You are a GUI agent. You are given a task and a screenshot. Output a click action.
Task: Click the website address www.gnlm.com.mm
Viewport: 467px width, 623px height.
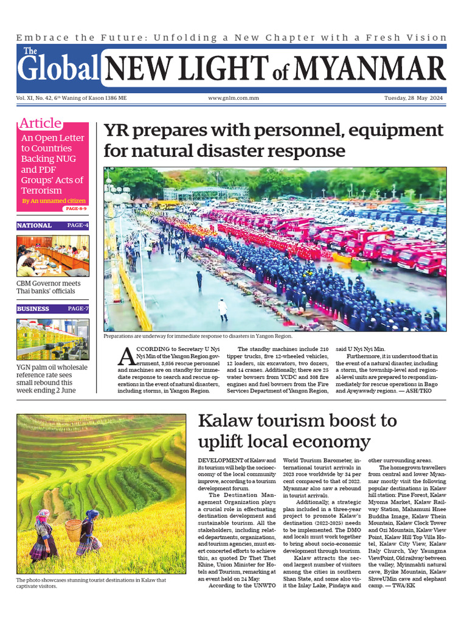(233, 98)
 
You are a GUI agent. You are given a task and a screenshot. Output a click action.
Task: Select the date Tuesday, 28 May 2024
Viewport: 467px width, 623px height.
(415, 98)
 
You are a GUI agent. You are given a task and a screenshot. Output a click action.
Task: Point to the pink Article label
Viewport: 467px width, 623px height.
(40, 123)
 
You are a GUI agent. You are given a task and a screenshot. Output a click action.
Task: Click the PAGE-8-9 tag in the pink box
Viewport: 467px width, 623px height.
(76, 209)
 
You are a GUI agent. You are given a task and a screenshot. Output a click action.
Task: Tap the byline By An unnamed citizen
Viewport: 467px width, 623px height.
(54, 201)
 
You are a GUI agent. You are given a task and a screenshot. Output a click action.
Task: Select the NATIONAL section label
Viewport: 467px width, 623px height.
(35, 226)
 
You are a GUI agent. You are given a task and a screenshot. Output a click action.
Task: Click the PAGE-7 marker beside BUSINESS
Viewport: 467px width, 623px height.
(78, 308)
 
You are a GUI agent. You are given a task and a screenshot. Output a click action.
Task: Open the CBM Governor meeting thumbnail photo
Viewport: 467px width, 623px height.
(53, 256)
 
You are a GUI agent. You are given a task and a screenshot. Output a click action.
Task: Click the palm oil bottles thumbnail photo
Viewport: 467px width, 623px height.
(53, 339)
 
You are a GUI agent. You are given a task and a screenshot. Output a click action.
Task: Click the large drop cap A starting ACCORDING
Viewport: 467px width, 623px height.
(128, 356)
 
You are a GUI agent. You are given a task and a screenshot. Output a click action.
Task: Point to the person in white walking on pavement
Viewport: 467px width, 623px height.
(223, 309)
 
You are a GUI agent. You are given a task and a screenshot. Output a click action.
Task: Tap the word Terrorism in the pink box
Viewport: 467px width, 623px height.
(42, 191)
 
